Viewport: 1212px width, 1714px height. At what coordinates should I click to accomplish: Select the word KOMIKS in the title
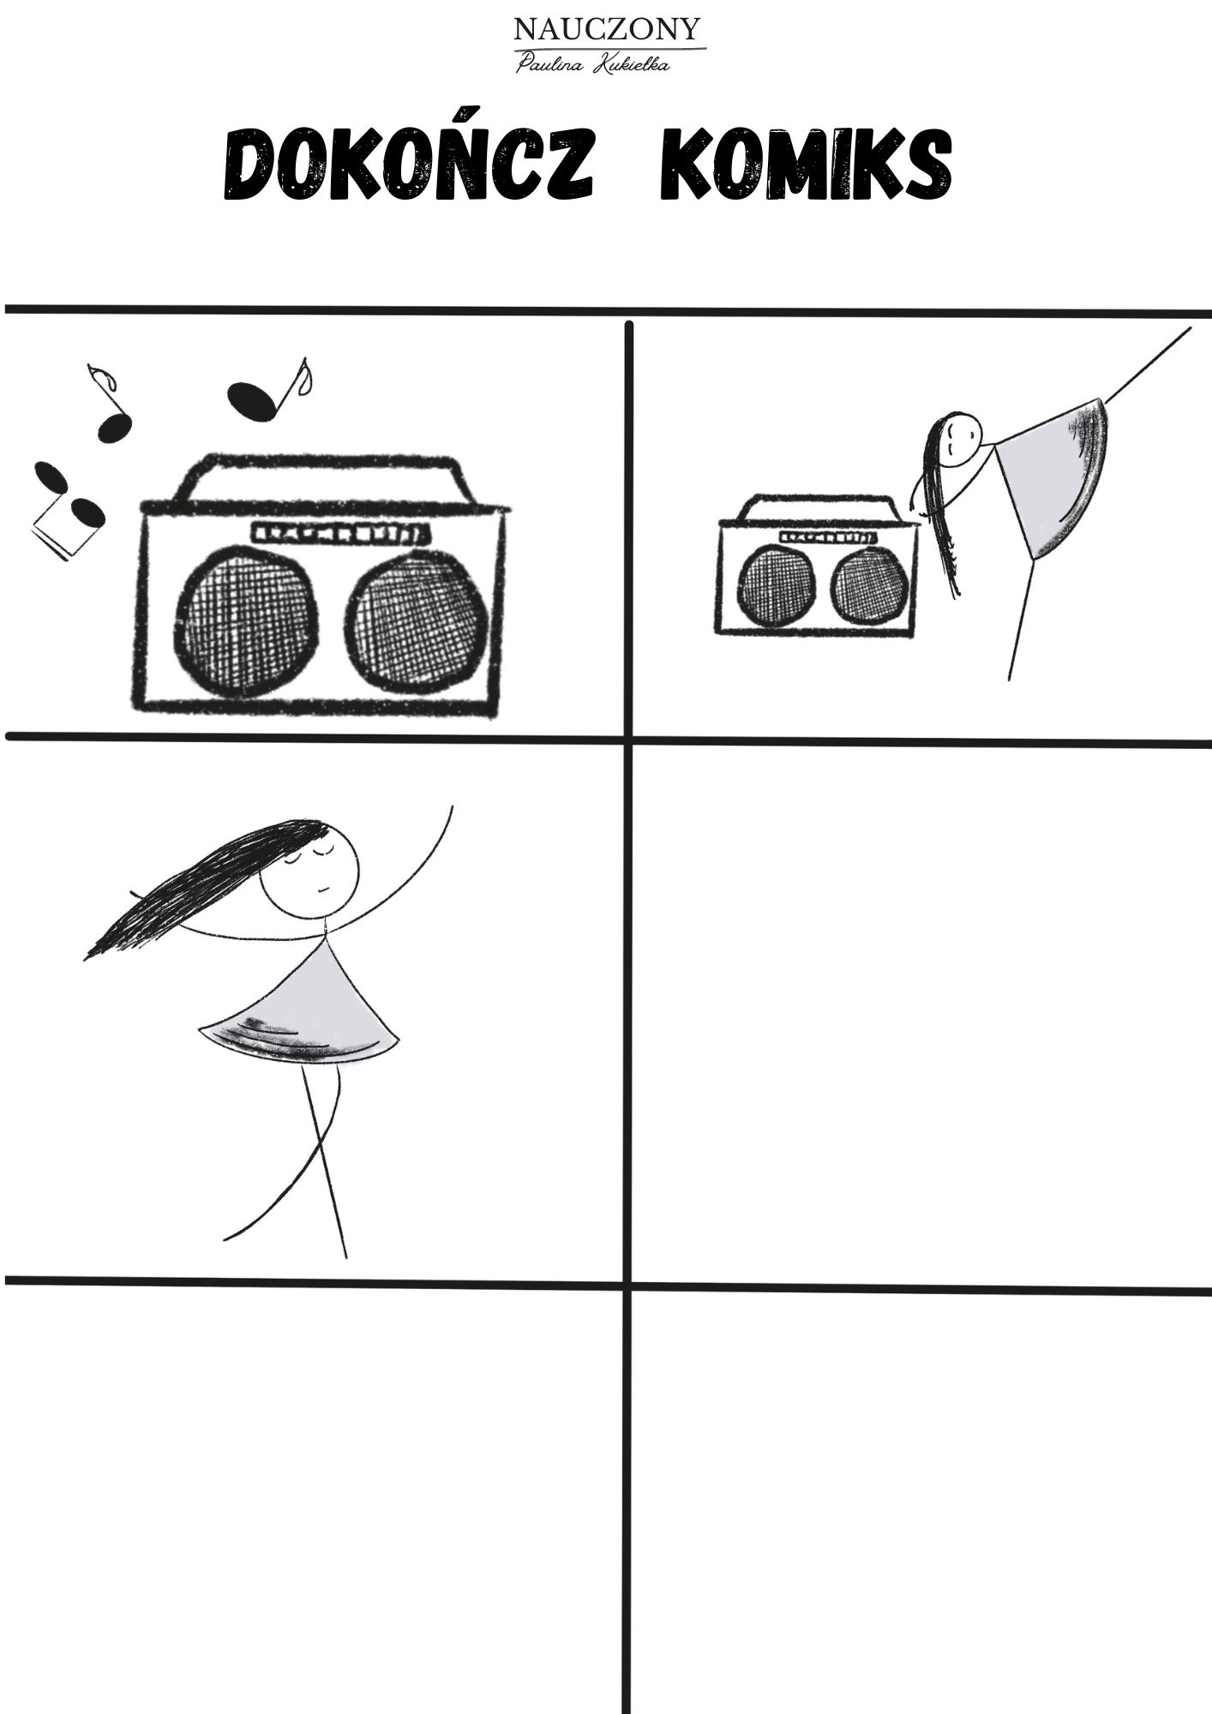pyautogui.click(x=806, y=165)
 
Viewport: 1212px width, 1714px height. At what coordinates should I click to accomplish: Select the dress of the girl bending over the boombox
pyautogui.click(x=1054, y=476)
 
